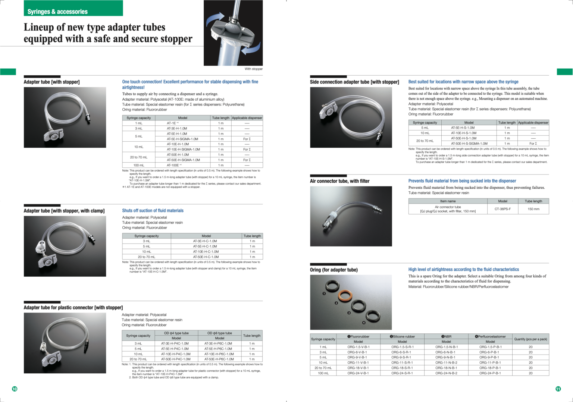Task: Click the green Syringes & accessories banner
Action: point(73,8)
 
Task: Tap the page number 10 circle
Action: point(15,389)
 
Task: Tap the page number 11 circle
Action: point(558,389)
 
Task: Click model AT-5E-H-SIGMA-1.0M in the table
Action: point(182,139)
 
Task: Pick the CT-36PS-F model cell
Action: point(502,209)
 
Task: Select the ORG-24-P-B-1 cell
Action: point(490,373)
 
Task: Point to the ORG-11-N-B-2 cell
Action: point(446,362)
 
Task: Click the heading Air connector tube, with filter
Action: point(339,181)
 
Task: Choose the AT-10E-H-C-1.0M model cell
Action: point(206,252)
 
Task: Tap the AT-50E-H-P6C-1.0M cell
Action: point(219,359)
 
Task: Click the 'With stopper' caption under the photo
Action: point(254,69)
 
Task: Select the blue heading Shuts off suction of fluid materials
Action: point(153,211)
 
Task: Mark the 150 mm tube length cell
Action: point(533,209)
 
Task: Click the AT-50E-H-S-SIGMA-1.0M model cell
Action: point(469,144)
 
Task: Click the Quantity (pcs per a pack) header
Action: point(530,339)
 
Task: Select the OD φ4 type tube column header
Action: point(176,333)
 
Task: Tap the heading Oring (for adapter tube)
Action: point(334,270)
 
